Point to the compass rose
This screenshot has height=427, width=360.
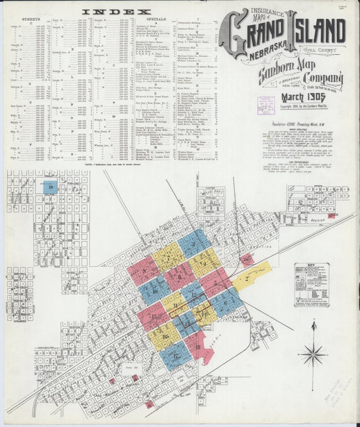point(313,352)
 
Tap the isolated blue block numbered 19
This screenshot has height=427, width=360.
point(49,187)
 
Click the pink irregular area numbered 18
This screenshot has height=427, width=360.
point(198,347)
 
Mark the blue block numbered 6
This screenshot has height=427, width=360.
point(226,300)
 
